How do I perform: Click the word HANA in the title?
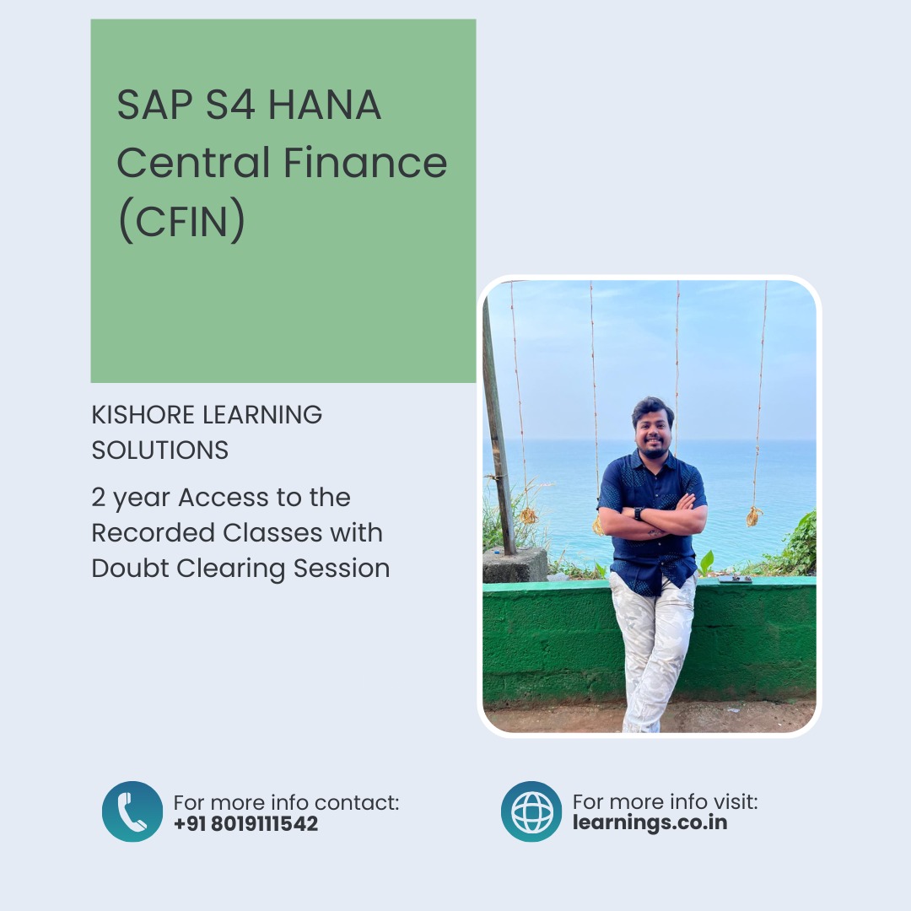coord(324,105)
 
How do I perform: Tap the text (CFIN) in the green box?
coord(181,219)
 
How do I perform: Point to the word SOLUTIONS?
coord(159,450)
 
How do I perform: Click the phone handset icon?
coord(132,811)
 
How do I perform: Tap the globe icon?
coord(531,811)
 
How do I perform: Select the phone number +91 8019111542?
coord(245,824)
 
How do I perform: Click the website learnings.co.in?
coord(650,822)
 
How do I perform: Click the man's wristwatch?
coord(639,514)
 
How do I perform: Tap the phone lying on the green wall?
coord(735,579)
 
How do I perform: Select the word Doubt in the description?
coord(130,568)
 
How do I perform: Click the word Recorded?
coord(154,533)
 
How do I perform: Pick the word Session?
coord(342,569)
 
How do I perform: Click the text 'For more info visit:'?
coord(666,802)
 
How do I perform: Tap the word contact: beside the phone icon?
coord(357,803)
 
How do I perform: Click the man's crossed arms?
coord(653,518)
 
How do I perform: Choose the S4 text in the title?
coord(230,105)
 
